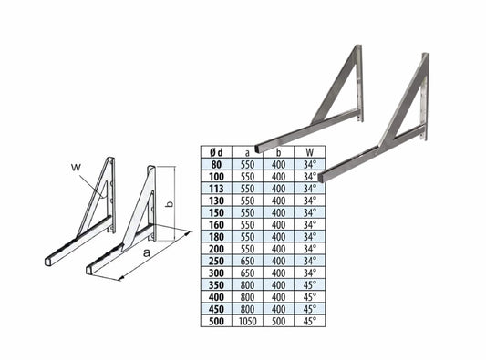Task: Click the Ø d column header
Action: [216, 152]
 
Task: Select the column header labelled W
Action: [310, 152]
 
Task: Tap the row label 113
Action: [216, 189]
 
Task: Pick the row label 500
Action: [216, 321]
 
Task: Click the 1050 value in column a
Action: [248, 321]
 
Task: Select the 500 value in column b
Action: [278, 321]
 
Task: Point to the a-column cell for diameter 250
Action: [248, 261]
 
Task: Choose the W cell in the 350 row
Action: [310, 284]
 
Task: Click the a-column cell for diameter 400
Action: [248, 297]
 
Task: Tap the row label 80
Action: [216, 164]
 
